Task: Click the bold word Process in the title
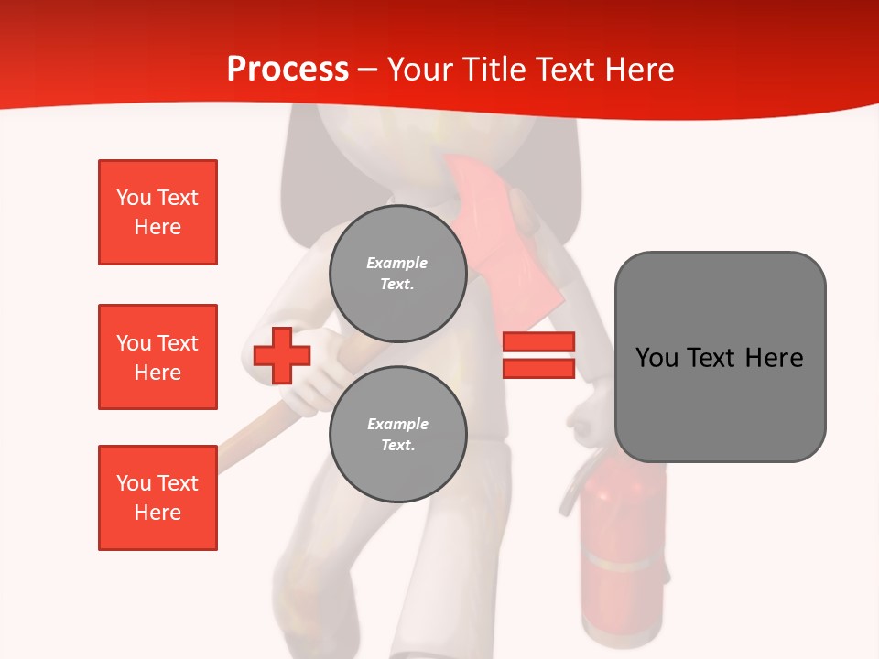point(288,70)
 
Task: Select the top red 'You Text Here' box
point(157,212)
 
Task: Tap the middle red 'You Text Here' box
point(157,357)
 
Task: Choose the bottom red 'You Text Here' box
point(157,498)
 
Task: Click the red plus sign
point(282,356)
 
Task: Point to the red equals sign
point(538,355)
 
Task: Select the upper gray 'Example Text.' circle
point(397,273)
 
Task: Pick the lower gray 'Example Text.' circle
point(397,434)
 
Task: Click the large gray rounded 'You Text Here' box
point(720,357)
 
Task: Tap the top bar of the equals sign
point(538,342)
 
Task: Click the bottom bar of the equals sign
point(538,368)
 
